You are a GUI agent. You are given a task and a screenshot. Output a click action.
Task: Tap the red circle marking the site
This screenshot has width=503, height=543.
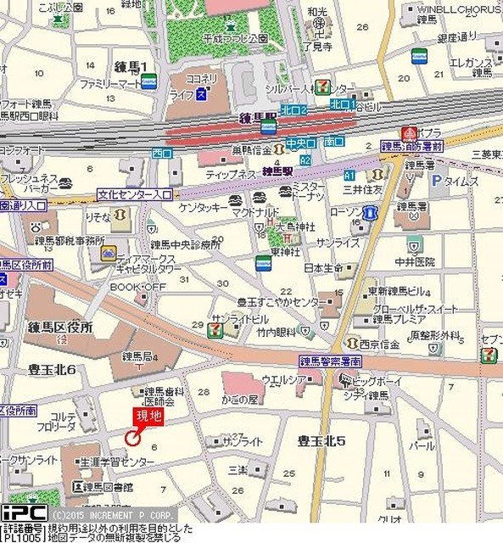132,437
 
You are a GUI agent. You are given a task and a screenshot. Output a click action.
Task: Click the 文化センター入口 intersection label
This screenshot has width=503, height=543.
134,194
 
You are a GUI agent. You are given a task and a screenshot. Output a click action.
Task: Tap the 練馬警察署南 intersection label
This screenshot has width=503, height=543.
330,361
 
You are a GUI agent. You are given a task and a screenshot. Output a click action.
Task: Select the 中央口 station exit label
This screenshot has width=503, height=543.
299,143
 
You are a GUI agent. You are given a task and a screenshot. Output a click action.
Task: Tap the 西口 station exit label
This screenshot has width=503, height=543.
161,153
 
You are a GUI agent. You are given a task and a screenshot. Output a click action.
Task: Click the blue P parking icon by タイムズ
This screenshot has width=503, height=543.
436,180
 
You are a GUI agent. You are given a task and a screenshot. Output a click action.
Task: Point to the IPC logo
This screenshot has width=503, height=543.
23,513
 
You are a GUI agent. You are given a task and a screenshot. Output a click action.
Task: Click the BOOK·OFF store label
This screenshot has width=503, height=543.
137,288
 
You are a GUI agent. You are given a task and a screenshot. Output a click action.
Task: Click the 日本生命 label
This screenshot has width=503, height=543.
321,267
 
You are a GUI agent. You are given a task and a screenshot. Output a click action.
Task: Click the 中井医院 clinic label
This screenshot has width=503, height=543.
414,261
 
